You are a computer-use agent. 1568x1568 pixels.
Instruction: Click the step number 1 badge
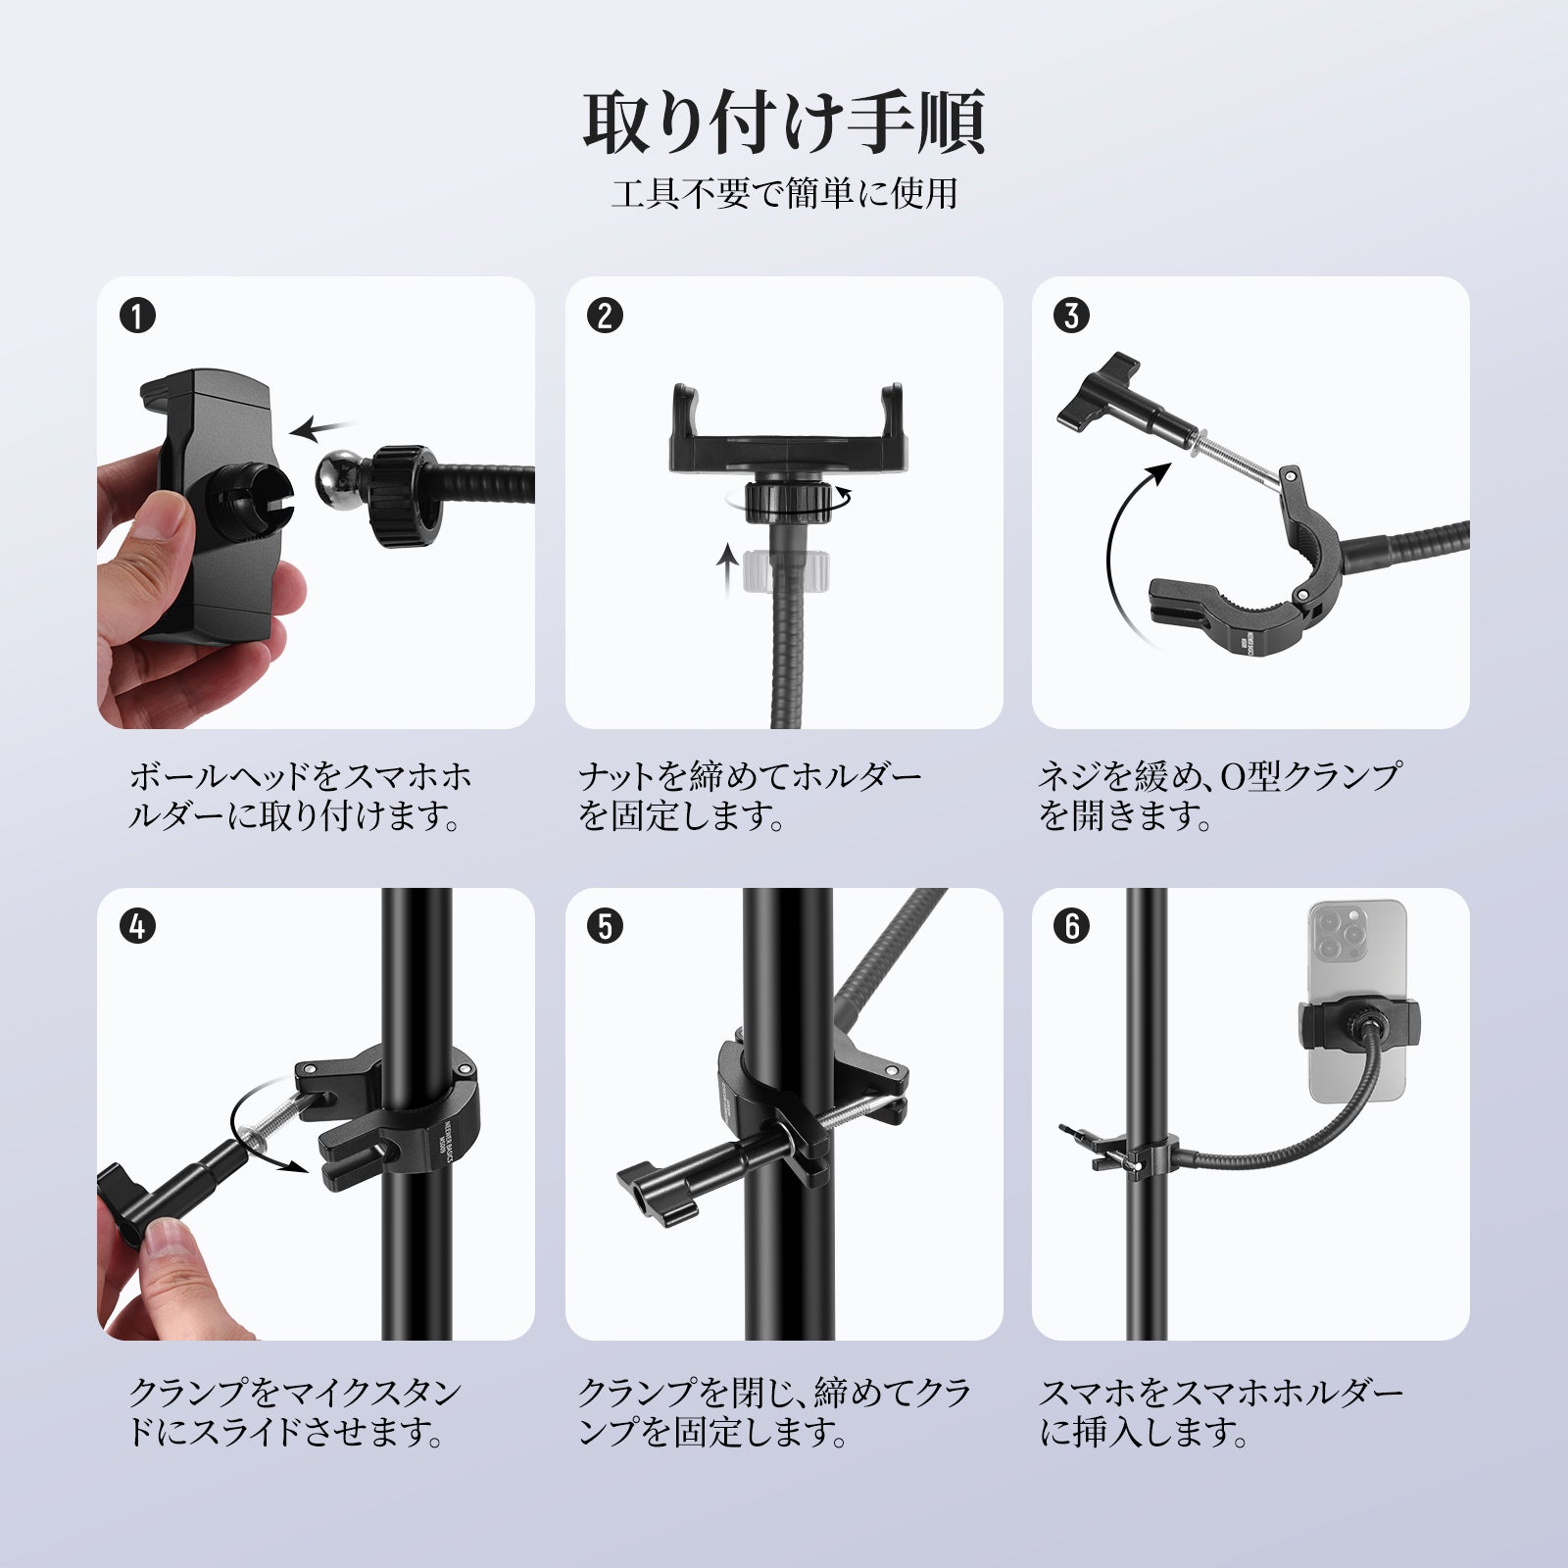(137, 316)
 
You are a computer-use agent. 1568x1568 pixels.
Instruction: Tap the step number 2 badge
(605, 316)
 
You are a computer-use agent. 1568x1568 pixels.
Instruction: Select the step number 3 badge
(1071, 316)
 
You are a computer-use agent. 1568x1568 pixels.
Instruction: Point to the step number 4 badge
(137, 926)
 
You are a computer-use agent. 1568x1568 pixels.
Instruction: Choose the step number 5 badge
(605, 926)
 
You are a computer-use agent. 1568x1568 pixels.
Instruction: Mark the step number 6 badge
(1071, 926)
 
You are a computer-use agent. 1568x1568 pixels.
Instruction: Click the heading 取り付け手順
(784, 122)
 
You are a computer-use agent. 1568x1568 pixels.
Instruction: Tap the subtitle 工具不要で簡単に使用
(784, 193)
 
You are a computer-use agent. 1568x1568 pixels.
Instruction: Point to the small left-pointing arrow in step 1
(323, 428)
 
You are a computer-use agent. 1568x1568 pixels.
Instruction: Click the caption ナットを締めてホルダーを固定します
(750, 797)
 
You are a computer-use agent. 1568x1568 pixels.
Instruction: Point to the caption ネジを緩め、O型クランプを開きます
(1219, 797)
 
